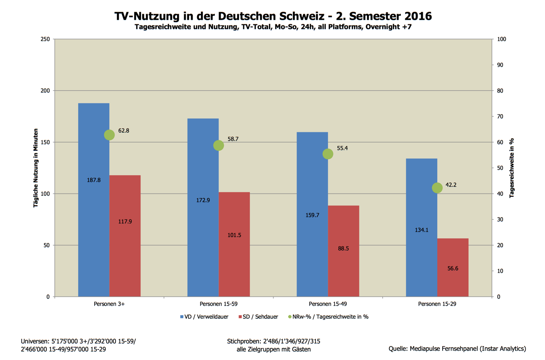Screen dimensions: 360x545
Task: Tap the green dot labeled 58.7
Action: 219,146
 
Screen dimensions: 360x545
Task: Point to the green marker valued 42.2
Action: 437,188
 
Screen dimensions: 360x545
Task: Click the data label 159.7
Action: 312,215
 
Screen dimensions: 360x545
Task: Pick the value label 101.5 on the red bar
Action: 234,235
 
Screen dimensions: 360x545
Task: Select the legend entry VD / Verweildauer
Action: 204,317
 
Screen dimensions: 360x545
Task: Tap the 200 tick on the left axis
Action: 46,91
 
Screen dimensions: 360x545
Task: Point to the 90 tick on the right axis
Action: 500,65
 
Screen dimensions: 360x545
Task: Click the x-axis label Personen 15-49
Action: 328,304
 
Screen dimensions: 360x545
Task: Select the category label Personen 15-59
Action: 218,304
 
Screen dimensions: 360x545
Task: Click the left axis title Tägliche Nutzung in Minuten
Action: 36,168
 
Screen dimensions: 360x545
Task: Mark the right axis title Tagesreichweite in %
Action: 512,168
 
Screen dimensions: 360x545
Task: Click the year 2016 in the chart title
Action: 418,16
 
